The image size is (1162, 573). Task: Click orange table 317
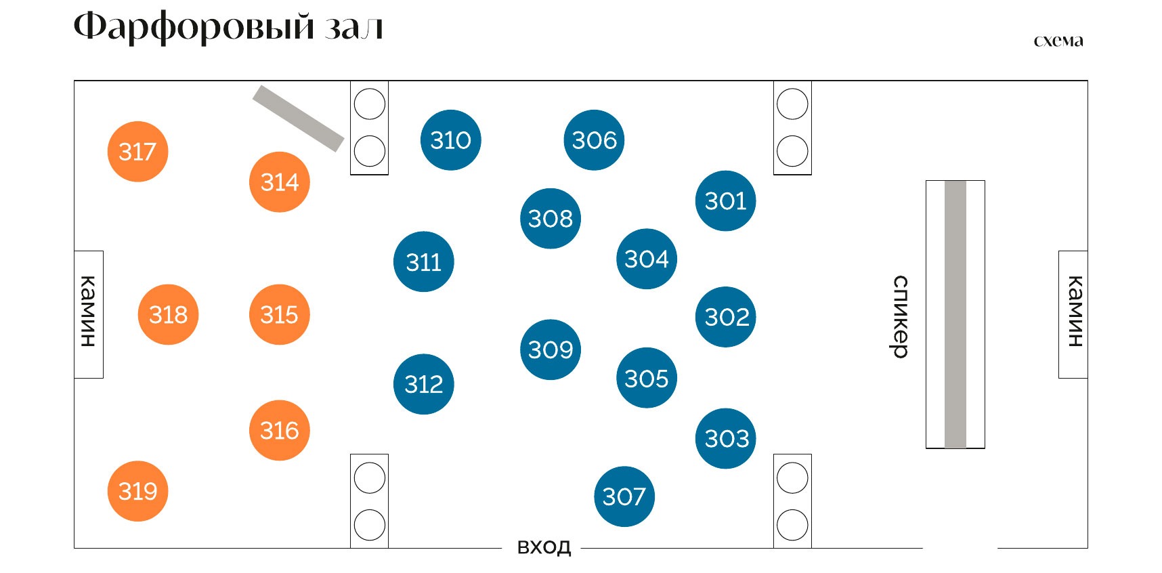click(137, 152)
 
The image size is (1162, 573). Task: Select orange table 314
click(280, 182)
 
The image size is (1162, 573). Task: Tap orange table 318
click(168, 314)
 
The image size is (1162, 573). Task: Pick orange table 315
click(280, 314)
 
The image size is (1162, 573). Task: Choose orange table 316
click(280, 430)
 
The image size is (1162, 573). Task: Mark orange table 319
click(137, 491)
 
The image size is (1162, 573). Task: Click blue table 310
click(451, 140)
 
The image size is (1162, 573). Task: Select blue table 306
click(594, 140)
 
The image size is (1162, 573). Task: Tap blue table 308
click(551, 218)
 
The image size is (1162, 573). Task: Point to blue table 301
click(725, 200)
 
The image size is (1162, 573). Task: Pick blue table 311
click(424, 261)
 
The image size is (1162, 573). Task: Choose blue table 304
click(647, 259)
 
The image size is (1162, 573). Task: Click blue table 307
click(624, 496)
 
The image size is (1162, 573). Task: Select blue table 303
click(725, 438)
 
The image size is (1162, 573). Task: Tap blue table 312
click(424, 384)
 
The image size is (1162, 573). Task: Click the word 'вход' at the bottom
click(544, 547)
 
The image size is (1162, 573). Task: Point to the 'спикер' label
click(899, 316)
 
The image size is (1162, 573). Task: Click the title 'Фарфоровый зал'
click(228, 28)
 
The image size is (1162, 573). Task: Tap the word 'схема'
click(1058, 41)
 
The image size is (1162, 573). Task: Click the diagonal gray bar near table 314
click(298, 119)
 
